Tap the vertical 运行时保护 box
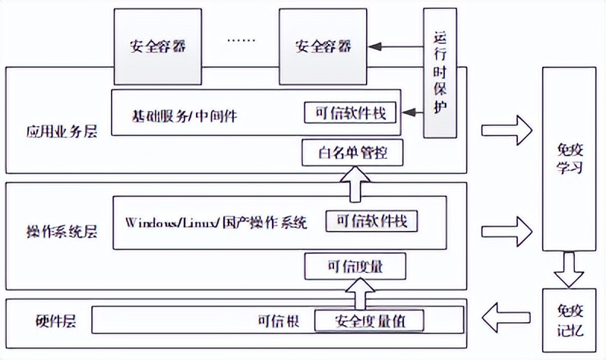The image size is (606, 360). (441, 73)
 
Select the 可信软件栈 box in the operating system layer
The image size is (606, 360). (371, 221)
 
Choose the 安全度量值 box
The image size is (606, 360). (368, 321)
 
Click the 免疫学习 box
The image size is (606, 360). (569, 159)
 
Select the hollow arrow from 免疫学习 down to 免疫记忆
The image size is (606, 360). (568, 268)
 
